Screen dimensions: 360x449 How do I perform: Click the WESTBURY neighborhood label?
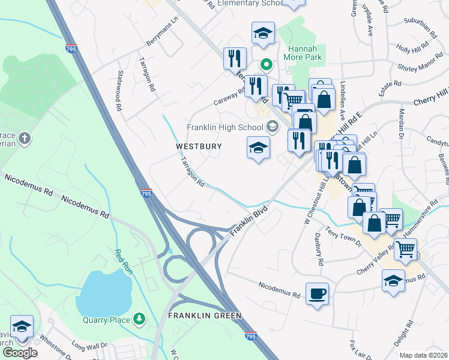(199, 146)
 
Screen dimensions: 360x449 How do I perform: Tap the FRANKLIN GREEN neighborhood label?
(204, 315)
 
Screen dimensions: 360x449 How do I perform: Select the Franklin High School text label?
(224, 127)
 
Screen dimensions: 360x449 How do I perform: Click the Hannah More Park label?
(305, 53)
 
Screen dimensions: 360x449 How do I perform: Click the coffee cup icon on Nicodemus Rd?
(317, 294)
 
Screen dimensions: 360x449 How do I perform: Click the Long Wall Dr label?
(89, 346)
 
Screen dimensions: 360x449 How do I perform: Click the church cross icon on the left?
(25, 139)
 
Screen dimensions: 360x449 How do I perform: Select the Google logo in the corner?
(19, 352)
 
